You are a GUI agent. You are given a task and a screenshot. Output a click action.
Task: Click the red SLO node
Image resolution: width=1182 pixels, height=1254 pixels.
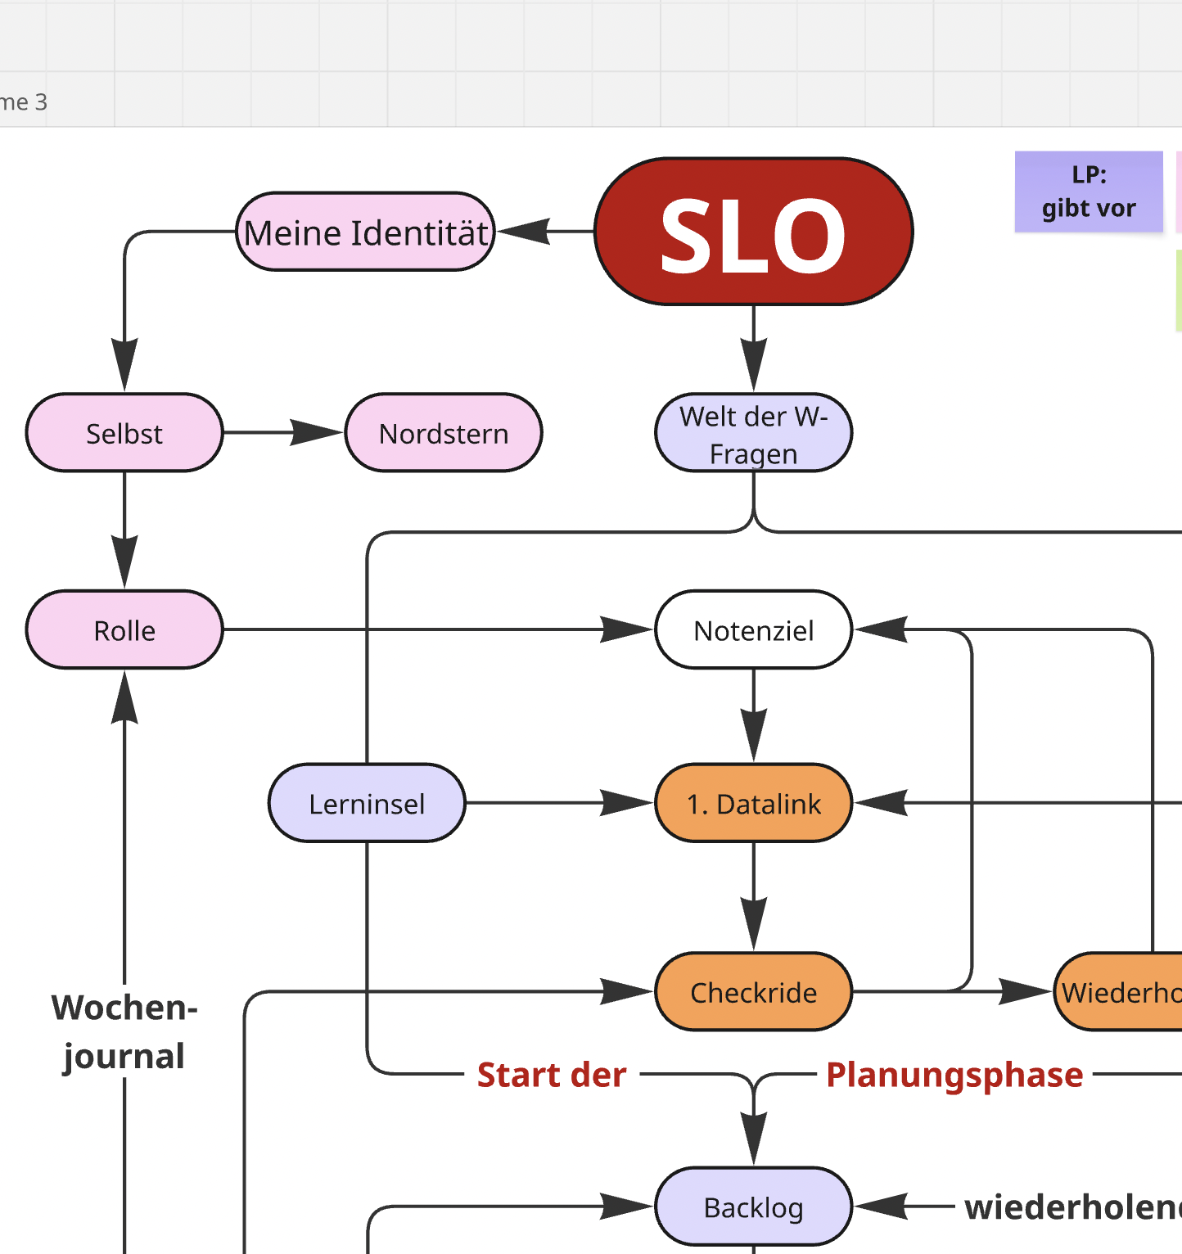[x=753, y=232]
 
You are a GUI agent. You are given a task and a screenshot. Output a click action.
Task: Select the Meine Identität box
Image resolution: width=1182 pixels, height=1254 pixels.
[x=365, y=232]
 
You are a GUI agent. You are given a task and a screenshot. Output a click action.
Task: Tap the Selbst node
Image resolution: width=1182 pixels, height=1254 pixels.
[x=124, y=433]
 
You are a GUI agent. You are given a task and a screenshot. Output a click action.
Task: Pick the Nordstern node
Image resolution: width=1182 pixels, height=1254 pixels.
[x=444, y=433]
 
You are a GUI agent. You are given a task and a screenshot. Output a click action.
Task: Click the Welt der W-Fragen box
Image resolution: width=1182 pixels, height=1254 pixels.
[x=753, y=434]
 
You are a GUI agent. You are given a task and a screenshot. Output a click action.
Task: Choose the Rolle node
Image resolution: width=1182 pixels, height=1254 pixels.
[x=124, y=630]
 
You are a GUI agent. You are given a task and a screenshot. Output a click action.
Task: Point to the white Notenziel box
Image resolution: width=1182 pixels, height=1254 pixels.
[x=753, y=630]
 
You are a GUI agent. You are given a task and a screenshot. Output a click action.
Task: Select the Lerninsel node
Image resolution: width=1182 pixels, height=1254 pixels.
[x=367, y=804]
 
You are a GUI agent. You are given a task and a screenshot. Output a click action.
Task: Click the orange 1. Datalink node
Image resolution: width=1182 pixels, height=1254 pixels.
[x=753, y=804]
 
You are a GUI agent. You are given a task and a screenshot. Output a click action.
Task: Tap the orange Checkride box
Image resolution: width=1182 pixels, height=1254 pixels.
[x=753, y=992]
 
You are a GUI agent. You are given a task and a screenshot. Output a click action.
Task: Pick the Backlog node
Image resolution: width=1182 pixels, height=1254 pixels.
[x=753, y=1207]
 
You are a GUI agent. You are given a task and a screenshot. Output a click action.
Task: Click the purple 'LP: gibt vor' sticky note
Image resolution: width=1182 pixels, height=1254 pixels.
[x=1089, y=192]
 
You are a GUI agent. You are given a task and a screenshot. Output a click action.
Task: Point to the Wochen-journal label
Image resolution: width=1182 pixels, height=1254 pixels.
[x=124, y=1031]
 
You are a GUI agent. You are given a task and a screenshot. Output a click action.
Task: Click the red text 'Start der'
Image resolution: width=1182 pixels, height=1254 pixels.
[x=552, y=1075]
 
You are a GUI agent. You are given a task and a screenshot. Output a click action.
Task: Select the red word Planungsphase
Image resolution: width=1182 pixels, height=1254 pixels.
[x=954, y=1075]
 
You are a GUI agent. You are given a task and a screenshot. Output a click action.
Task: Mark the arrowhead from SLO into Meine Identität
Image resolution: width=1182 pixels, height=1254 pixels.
[x=524, y=232]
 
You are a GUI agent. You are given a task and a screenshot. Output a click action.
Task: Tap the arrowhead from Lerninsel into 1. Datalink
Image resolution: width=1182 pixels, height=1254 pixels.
[x=627, y=803]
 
